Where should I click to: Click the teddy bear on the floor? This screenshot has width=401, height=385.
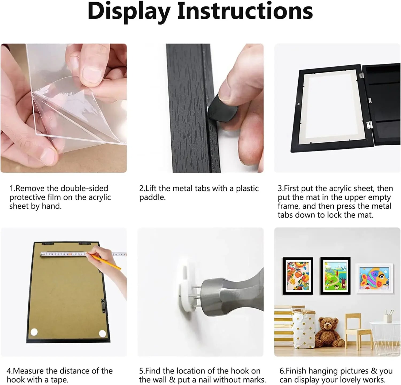pos(327,332)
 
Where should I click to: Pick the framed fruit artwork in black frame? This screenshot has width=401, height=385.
pos(298,276)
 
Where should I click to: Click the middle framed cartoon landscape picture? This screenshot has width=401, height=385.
pos(335,276)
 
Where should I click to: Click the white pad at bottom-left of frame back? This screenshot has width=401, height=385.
pos(34,332)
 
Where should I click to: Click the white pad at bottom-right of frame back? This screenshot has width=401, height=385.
pos(102,334)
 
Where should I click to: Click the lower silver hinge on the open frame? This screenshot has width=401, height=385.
pos(369,124)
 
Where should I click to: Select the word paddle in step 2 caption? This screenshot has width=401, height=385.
pos(152,197)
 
